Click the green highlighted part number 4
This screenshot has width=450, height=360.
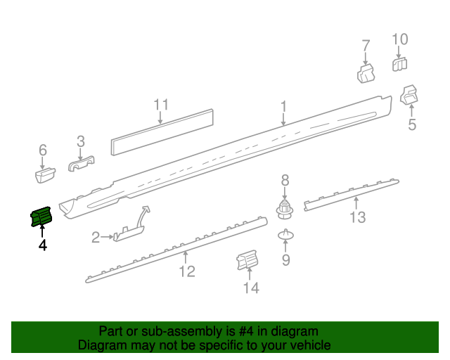tap(41, 218)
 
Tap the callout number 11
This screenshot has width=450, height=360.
tap(162, 106)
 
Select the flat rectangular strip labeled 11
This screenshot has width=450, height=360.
tap(162, 131)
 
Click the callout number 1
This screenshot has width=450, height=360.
tap(283, 107)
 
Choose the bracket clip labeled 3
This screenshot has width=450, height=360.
tap(82, 165)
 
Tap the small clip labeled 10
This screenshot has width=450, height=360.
tap(399, 64)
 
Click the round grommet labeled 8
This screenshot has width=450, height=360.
tap(285, 208)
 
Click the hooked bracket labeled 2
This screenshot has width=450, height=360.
tap(131, 229)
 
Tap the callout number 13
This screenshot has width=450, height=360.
tap(358, 217)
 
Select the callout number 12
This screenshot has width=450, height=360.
tap(186, 271)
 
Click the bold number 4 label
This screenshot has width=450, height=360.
tap(43, 245)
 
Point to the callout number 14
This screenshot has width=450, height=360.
tap(251, 288)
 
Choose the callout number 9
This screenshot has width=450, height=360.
tap(285, 261)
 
